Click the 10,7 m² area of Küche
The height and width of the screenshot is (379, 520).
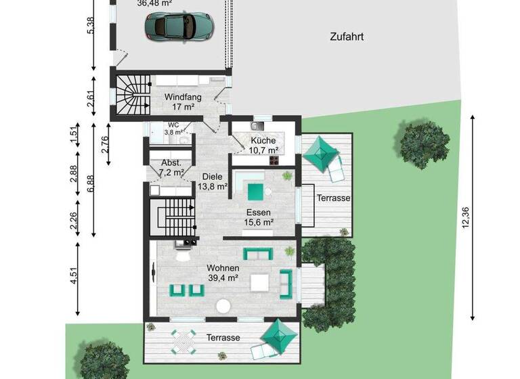263,150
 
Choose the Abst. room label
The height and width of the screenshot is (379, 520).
170,162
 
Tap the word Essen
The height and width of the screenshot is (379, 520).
258,212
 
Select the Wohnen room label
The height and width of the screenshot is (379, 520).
223,267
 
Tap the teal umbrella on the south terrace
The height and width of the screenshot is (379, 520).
278,334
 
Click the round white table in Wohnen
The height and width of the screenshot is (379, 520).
223,306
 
